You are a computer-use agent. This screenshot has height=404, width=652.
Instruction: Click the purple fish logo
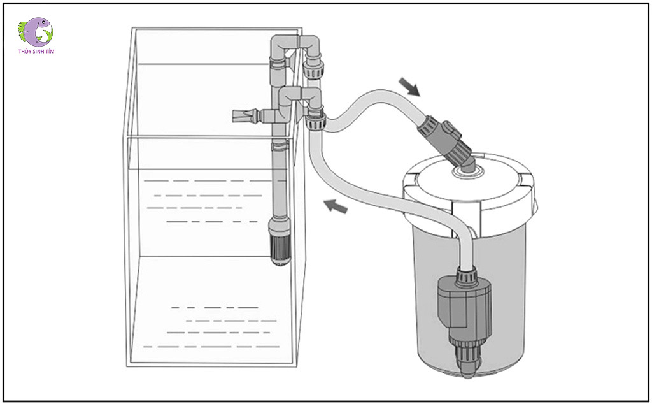pos(36,32)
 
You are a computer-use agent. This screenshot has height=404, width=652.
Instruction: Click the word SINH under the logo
pos(37,52)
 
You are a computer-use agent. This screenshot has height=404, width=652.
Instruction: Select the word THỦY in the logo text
pos(25,52)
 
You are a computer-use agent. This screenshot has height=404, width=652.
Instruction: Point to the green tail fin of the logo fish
pos(24,29)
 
